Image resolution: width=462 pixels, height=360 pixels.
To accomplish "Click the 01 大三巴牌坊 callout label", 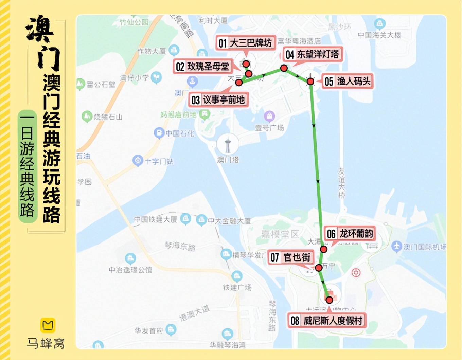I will pyautogui.click(x=245, y=43).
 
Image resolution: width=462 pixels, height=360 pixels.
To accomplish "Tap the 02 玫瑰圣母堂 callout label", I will pyautogui.click(x=202, y=67).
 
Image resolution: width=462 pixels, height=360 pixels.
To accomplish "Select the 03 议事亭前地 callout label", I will pyautogui.click(x=218, y=100).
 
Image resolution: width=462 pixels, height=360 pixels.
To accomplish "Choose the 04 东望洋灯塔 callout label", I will pyautogui.click(x=312, y=54).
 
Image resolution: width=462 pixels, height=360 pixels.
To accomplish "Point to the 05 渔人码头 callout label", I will pyautogui.click(x=348, y=82).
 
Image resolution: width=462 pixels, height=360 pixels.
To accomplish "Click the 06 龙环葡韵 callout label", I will pyautogui.click(x=350, y=234).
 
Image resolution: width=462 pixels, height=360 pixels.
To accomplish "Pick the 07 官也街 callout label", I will pyautogui.click(x=290, y=257).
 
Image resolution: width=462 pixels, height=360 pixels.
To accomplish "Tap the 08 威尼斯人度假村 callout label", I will pyautogui.click(x=327, y=320).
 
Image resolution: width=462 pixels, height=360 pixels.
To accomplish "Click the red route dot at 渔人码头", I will pyautogui.click(x=310, y=82).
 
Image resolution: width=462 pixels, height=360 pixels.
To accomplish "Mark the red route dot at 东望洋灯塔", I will pyautogui.click(x=284, y=68).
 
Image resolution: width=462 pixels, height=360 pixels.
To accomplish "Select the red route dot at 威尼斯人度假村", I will pyautogui.click(x=329, y=300).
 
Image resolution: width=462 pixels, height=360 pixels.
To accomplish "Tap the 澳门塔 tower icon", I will pyautogui.click(x=228, y=145).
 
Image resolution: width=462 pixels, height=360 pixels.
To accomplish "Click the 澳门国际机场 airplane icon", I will pyautogui.click(x=396, y=246).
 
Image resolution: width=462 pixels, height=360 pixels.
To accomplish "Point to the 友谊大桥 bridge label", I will pyautogui.click(x=341, y=183).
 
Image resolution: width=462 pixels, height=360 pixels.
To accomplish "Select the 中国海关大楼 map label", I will pyautogui.click(x=379, y=35).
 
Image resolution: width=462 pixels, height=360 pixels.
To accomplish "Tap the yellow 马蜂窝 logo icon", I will pyautogui.click(x=48, y=325).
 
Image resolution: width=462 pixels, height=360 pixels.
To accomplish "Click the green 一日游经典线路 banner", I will pyautogui.click(x=27, y=166).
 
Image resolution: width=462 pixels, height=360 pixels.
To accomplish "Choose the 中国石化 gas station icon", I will pyautogui.click(x=159, y=133).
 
